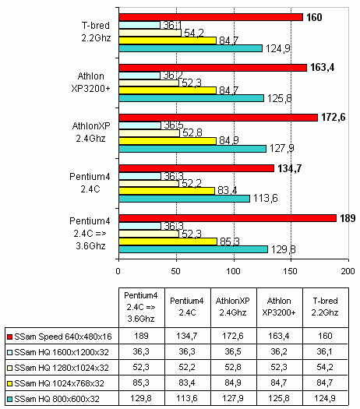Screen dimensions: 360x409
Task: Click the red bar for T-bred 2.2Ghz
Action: (211, 17)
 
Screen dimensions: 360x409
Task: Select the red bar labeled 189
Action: (228, 218)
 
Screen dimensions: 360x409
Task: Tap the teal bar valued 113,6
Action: (184, 199)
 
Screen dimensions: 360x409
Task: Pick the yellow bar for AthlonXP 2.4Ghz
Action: (168, 141)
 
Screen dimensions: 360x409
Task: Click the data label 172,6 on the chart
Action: (334, 118)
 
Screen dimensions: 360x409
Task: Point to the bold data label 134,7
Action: (290, 168)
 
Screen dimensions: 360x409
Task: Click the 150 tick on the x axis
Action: (291, 271)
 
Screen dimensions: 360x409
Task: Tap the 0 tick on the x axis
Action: (118, 271)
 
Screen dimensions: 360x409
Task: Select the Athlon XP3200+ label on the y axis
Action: (91, 83)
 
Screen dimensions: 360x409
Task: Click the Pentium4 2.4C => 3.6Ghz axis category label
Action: (90, 234)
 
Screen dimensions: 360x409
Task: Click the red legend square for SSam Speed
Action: (9, 337)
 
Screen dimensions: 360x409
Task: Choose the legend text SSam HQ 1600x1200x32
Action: (62, 352)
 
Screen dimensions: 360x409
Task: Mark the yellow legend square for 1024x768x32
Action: (9, 383)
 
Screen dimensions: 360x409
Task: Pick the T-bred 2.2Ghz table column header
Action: (325, 306)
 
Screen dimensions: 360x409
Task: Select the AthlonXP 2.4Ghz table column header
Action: (233, 306)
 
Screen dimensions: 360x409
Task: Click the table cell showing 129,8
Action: (141, 398)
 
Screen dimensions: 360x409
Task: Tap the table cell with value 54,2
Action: (325, 367)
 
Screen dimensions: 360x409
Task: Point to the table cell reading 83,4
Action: (187, 383)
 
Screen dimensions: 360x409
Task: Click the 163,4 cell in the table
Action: (279, 336)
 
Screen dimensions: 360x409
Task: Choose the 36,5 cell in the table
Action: (233, 351)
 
